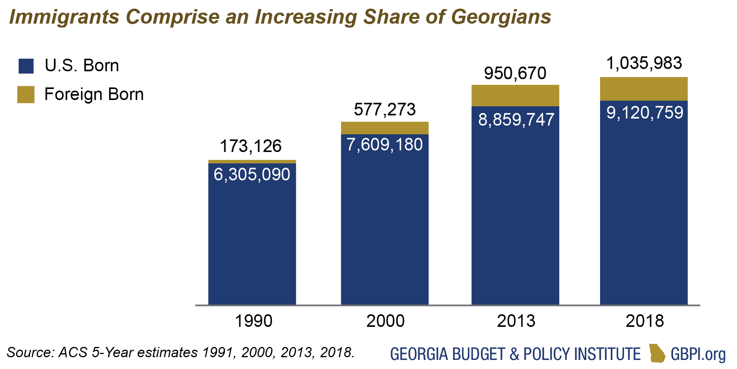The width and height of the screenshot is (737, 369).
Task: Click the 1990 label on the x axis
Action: [253, 321]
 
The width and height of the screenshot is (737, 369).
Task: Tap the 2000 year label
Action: [385, 321]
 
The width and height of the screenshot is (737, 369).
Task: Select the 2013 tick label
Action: [516, 321]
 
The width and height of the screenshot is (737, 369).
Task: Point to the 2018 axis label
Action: [645, 321]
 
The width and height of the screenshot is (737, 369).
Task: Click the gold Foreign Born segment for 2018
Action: [643, 89]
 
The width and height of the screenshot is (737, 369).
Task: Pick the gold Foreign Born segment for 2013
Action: [515, 96]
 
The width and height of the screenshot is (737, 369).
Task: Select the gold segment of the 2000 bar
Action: [384, 128]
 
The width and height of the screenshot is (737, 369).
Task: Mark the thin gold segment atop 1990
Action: [252, 161]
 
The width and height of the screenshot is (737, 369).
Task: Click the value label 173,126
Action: [251, 146]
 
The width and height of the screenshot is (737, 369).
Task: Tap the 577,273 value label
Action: [384, 109]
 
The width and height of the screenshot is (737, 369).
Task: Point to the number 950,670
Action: [515, 73]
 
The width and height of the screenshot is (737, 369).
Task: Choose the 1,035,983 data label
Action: [644, 63]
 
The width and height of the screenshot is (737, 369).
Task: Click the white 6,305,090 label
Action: [252, 174]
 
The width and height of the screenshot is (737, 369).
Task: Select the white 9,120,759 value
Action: [645, 113]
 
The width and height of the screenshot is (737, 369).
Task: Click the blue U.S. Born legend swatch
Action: [26, 66]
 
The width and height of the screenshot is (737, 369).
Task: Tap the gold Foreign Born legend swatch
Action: [26, 95]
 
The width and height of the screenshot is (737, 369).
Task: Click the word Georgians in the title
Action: [501, 17]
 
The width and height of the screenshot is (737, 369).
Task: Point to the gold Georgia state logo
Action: [657, 353]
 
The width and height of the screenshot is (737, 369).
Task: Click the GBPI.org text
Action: [698, 354]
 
